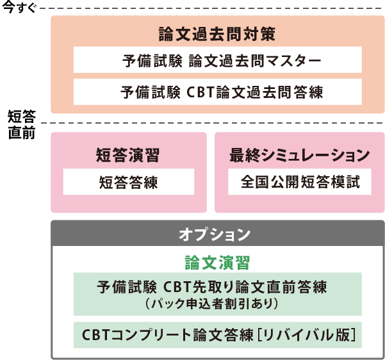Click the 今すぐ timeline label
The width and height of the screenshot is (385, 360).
tap(20, 8)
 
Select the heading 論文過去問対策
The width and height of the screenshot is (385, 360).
tap(217, 33)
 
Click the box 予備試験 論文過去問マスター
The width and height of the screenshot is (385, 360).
tap(217, 61)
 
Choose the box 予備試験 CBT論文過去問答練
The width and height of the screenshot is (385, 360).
tap(217, 92)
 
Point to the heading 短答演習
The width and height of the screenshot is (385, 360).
tap(128, 154)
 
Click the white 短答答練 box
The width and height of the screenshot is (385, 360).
tap(128, 183)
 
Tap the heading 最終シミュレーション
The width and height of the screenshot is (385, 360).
tap(299, 154)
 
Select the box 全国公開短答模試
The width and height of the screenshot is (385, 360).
tap(299, 183)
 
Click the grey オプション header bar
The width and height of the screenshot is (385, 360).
tap(217, 234)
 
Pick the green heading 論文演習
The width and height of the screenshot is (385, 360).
tap(217, 263)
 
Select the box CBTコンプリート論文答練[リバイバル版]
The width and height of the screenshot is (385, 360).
tap(217, 334)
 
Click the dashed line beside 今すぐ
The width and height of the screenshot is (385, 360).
tap(211, 8)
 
